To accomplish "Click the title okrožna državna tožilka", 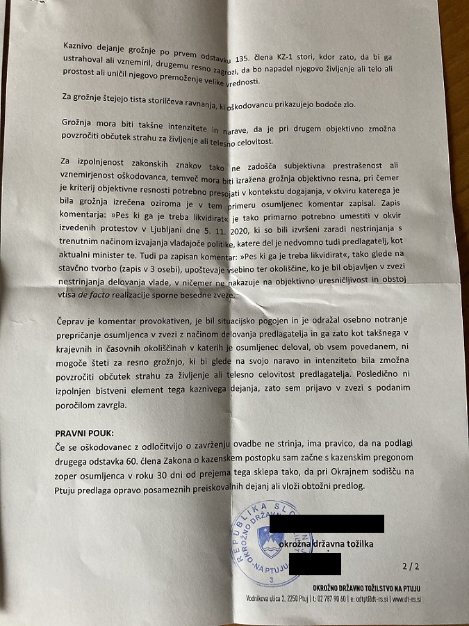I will (x=326, y=544).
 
